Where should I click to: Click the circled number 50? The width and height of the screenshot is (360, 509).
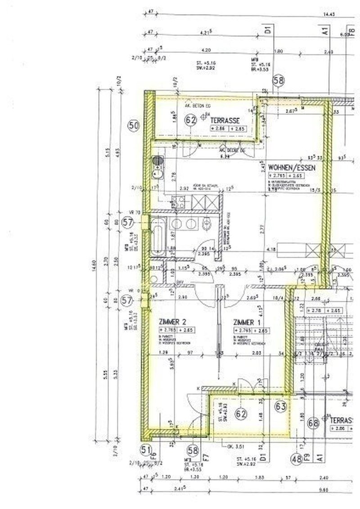point(133,126)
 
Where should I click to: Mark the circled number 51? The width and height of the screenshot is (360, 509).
point(145,449)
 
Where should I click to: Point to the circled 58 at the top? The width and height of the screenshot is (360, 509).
point(279,81)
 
